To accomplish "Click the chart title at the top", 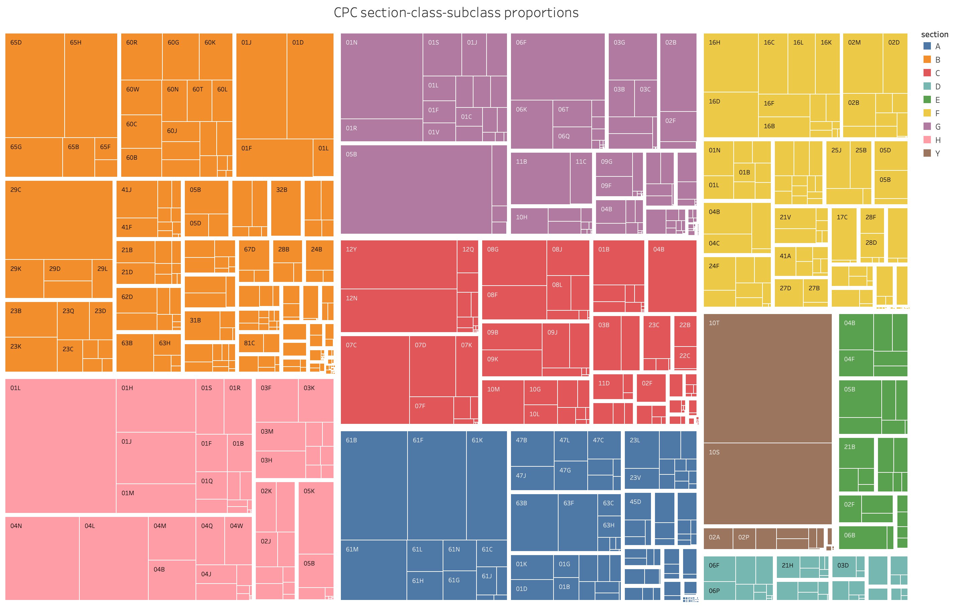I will coord(456,13).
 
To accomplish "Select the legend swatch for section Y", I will coord(927,153).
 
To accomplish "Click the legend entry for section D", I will coord(938,86).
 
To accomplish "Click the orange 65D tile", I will coord(34,85).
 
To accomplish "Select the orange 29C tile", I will coord(58,220).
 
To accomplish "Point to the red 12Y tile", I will coord(398,264).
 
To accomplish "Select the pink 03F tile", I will coord(277,400).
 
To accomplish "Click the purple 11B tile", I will coord(540,178).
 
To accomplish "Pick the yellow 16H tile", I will coord(731,62).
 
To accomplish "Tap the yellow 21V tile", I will coord(795,225).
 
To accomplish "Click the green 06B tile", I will coord(862,537).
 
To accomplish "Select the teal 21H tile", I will coord(788,567).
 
